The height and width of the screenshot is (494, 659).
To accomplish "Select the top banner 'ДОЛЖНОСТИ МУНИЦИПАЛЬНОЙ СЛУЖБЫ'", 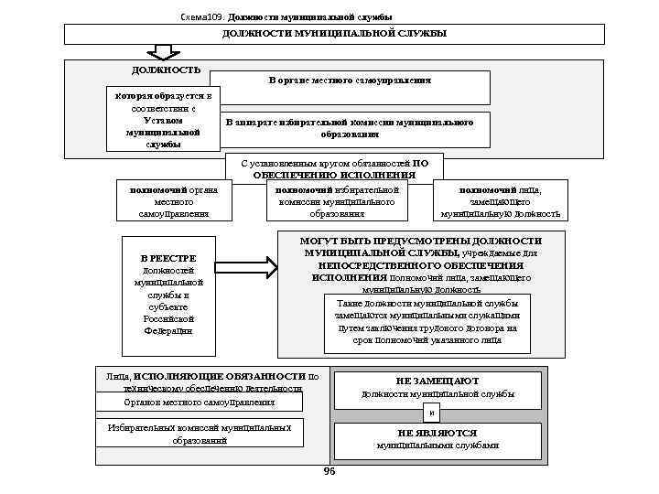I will click(334, 34).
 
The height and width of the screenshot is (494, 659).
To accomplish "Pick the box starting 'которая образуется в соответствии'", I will click(163, 119).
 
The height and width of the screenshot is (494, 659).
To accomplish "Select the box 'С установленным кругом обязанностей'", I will click(334, 168).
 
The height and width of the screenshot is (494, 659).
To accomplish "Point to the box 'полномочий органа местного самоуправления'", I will click(174, 201).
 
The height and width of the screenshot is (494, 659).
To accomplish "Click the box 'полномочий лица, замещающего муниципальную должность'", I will click(501, 201).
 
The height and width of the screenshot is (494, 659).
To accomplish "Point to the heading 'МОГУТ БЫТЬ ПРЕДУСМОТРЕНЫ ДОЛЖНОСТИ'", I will click(420, 240).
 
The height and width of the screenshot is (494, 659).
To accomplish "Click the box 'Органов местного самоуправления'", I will click(200, 403).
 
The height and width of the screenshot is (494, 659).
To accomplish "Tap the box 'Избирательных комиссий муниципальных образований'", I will click(200, 433).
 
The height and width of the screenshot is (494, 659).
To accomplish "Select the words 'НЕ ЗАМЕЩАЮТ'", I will click(438, 380).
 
